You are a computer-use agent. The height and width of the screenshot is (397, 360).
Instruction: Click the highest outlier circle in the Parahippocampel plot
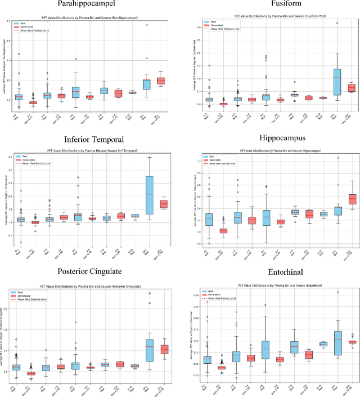[146, 25]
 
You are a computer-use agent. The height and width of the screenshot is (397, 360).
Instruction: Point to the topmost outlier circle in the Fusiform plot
[337, 23]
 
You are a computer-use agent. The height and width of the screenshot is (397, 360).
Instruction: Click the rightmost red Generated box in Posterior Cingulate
[164, 350]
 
